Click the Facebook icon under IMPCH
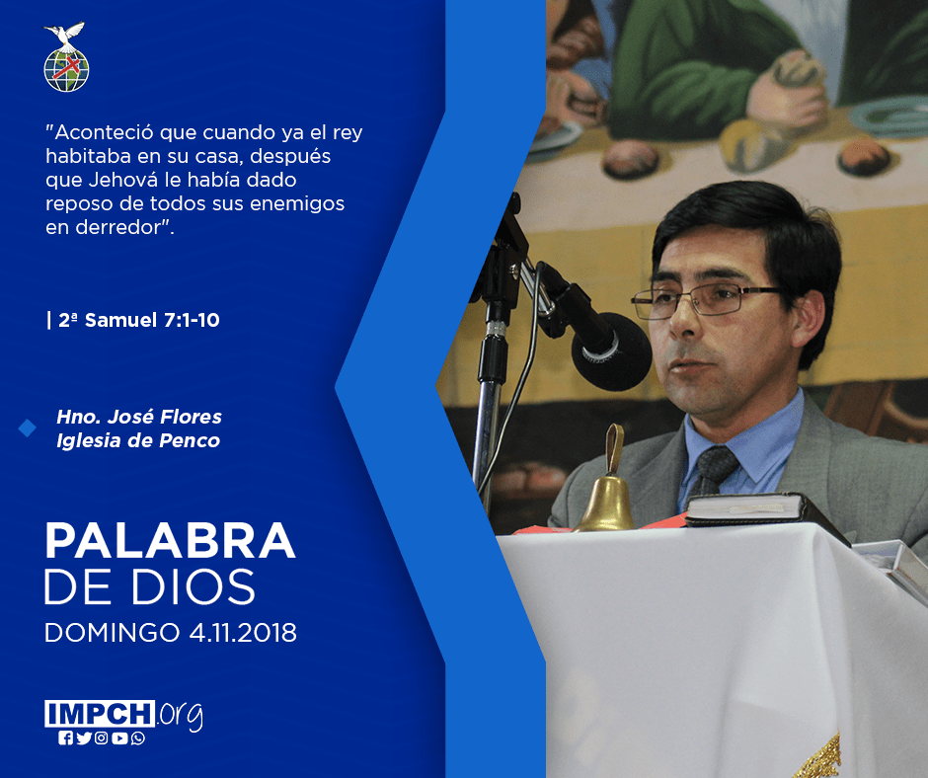point(65,739)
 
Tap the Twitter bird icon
point(84,739)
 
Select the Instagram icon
point(102,739)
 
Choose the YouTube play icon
point(119,739)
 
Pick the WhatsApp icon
point(138,739)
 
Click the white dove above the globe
point(66,35)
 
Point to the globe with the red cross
point(66,70)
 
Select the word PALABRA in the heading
point(170,541)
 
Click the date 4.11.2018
point(243,632)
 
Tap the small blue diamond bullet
point(28,428)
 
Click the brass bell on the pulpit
point(607,486)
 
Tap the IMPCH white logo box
point(100,714)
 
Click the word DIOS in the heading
point(193,586)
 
